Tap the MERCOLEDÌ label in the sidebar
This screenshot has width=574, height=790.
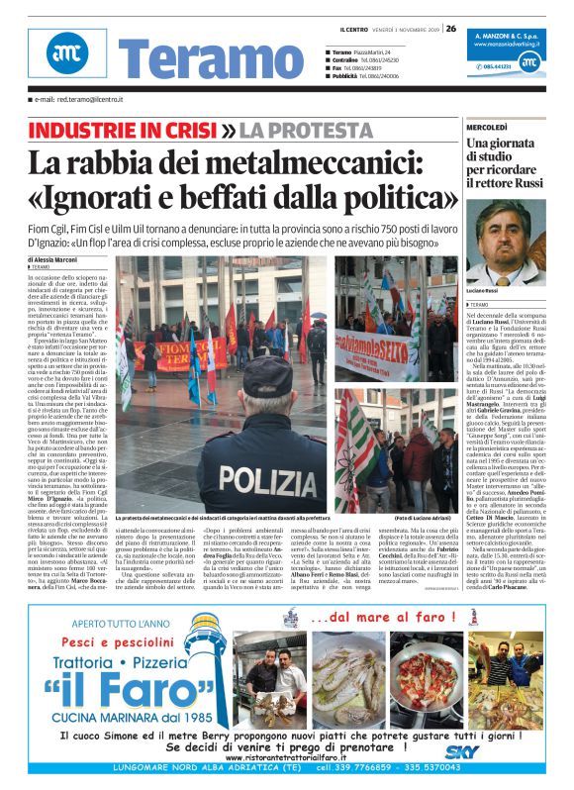pos(488,128)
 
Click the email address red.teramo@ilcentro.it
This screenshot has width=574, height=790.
pos(83,100)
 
